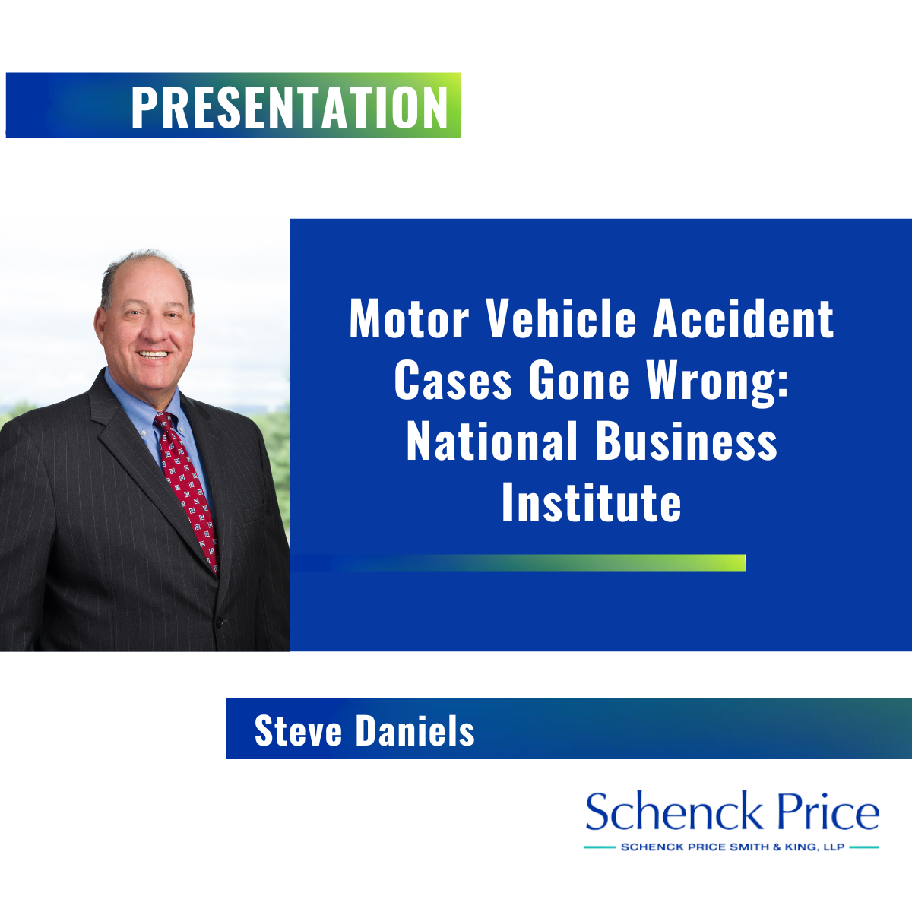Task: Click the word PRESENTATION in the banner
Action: coord(290,107)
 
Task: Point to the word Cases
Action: coord(453,381)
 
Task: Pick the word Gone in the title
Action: coord(579,381)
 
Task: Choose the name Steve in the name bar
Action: coord(298,730)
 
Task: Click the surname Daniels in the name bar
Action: coord(415,730)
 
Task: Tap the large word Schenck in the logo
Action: coord(674,812)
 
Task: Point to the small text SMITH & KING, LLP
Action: coord(787,847)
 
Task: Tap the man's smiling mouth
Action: coord(153,354)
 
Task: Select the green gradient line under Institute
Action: coord(518,562)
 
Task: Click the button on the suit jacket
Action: coord(219,621)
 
